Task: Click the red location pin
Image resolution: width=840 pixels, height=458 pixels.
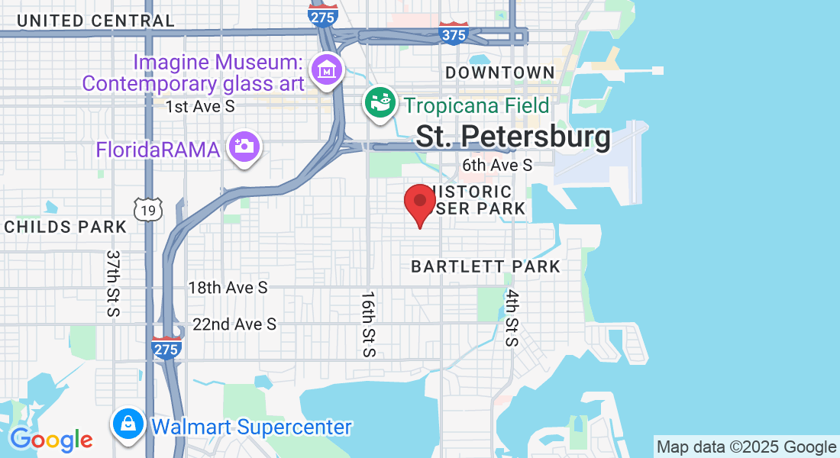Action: (419, 202)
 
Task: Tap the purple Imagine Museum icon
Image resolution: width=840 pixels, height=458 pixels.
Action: (328, 69)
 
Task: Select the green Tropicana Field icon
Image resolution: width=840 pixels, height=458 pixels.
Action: (380, 102)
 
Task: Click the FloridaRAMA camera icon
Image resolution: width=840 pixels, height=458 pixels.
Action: (244, 145)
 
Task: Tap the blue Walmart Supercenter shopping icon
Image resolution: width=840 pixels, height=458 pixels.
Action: (128, 424)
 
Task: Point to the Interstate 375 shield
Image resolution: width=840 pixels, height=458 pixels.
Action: (454, 33)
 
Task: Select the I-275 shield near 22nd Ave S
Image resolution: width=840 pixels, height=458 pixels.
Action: (166, 348)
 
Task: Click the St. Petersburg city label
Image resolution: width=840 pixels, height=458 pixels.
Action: (513, 137)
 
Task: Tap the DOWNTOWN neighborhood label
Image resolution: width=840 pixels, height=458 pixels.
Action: (500, 73)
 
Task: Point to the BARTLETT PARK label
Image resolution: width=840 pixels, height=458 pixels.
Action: (486, 266)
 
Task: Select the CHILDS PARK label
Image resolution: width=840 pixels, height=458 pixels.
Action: (65, 227)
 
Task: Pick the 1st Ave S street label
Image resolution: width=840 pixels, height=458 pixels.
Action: (200, 107)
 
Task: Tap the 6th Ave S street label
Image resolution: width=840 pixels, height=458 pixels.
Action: (497, 166)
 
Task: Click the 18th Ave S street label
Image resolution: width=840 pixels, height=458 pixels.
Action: (228, 288)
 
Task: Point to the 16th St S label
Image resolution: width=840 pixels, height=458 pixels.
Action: (368, 324)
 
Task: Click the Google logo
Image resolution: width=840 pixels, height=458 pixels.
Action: (51, 439)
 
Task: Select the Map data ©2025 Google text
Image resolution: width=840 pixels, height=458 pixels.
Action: (747, 447)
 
